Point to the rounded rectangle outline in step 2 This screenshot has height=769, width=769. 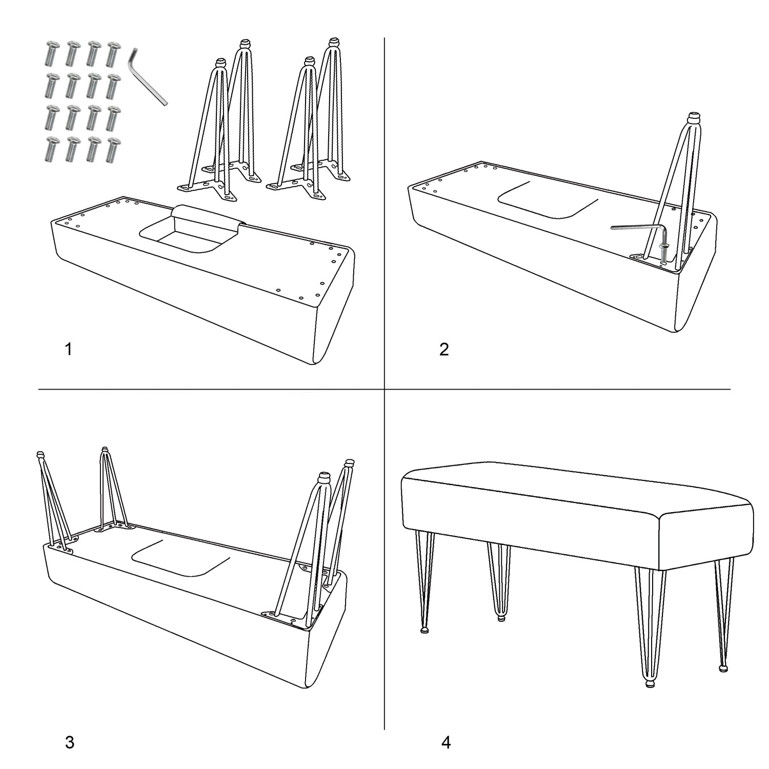click(x=549, y=200)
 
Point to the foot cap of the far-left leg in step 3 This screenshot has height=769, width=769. click(x=40, y=455)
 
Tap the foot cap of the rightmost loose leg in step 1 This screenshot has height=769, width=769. click(x=334, y=42)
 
